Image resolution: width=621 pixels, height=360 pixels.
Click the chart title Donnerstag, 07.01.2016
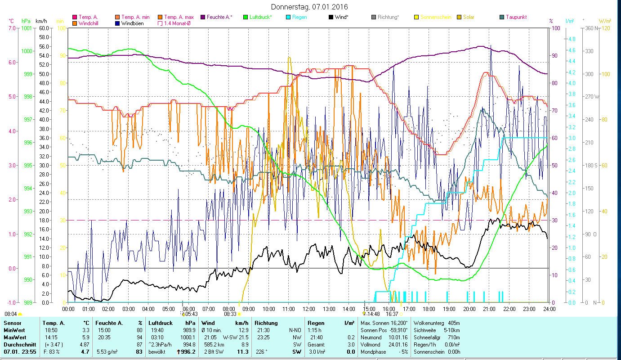(310, 7)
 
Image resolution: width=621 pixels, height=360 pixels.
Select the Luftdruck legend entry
(260, 17)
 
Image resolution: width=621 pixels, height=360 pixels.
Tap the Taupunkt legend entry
(516, 17)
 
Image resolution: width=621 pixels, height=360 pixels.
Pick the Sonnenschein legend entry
(434, 17)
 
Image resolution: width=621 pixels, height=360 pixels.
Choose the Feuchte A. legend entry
(219, 17)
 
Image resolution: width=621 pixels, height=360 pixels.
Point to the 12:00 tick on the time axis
(309, 309)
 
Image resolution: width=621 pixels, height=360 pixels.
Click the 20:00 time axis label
(469, 309)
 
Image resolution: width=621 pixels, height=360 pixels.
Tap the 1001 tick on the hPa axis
(27, 28)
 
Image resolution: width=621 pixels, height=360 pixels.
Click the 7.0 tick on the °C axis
(11, 28)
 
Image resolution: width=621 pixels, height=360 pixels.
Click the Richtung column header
(267, 323)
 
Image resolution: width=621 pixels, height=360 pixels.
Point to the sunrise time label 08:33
(230, 314)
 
